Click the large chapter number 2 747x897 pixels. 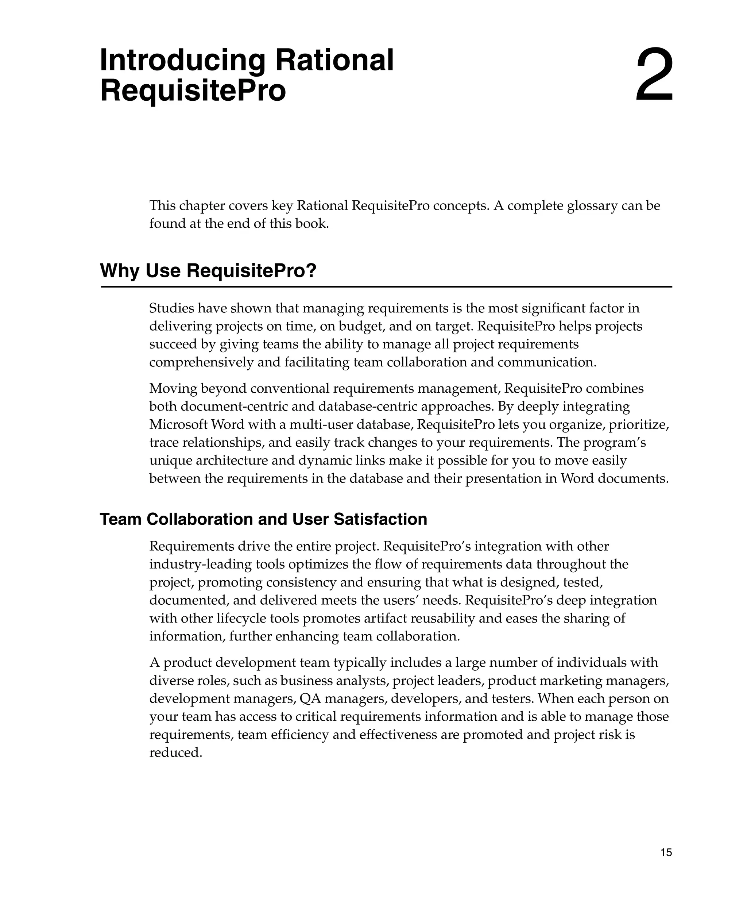[654, 76]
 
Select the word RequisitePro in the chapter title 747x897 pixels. [193, 91]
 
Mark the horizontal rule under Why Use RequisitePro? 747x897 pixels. [386, 287]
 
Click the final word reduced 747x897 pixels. [175, 752]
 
